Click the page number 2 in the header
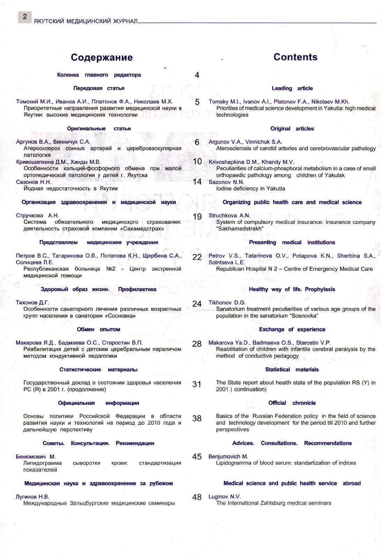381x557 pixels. [25, 17]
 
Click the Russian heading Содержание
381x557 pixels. [102, 57]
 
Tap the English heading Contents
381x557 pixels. [295, 57]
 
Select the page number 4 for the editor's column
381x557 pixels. [197, 75]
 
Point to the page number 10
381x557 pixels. [197, 162]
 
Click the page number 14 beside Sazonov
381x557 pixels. [197, 182]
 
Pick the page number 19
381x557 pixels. [197, 216]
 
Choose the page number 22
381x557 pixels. [197, 257]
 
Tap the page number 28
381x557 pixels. [197, 344]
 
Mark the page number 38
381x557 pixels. [197, 418]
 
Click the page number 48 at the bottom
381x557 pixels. [197, 497]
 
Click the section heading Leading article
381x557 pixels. [292, 88]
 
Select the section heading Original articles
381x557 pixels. [292, 129]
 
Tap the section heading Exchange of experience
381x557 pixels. [292, 329]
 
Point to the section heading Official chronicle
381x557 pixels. [292, 403]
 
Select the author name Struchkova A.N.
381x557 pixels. [229, 216]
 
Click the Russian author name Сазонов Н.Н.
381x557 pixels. [34, 182]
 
